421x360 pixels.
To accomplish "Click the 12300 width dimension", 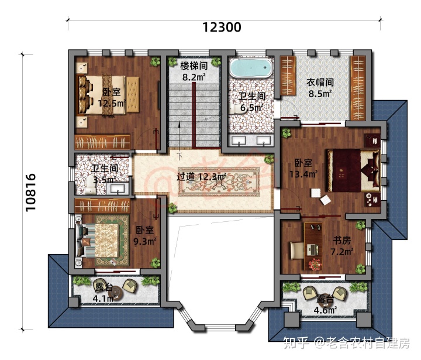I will click(222, 27).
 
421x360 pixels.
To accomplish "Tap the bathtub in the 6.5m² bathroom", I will click(251, 68).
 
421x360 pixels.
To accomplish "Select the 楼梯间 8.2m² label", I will click(194, 71).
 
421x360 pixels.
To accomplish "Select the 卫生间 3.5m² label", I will click(103, 174).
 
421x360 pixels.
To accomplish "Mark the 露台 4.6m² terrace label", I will click(325, 304).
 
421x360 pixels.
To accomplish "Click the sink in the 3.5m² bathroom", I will click(120, 188).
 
